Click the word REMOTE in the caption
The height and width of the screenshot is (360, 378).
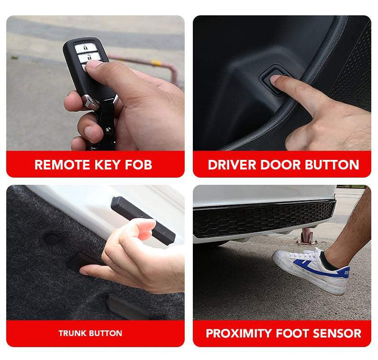coord(63,165)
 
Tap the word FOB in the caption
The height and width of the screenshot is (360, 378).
coord(139,165)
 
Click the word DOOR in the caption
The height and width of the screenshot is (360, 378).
coord(280,165)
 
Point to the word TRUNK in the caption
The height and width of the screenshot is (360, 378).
coord(73,333)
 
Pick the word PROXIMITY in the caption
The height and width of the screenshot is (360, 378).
coord(239,334)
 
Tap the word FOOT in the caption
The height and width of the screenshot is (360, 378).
coord(292,334)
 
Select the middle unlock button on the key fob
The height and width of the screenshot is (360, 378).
coord(89,58)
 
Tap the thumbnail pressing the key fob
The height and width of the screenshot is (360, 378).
coord(94,64)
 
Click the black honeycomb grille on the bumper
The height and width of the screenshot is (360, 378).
coord(264,218)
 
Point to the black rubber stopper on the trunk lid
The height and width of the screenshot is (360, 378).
coord(143,220)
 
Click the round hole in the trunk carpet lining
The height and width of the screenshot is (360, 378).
coord(51,238)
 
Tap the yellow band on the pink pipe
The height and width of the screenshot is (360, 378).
coord(156,63)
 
